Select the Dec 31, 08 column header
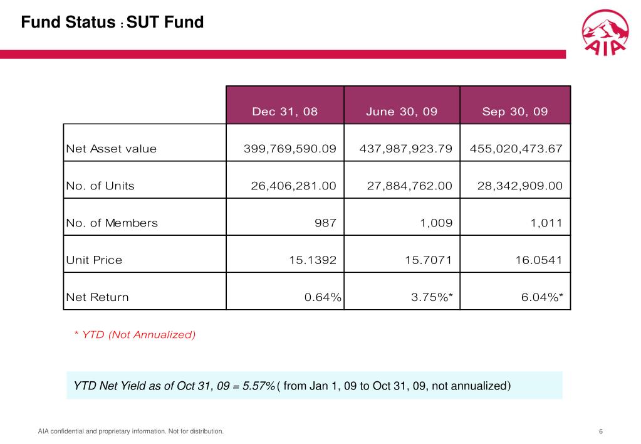(284, 112)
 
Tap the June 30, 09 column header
(402, 112)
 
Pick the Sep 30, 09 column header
(515, 112)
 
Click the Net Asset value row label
(112, 149)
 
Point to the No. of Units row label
(100, 186)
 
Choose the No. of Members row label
(112, 223)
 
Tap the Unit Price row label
(94, 260)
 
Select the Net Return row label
(97, 297)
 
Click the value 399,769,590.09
(290, 149)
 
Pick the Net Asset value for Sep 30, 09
(516, 149)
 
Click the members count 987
(326, 223)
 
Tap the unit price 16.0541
(536, 260)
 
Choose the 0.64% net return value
(323, 297)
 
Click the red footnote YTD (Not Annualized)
(135, 335)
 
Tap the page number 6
(601, 431)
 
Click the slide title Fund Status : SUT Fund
(112, 23)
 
